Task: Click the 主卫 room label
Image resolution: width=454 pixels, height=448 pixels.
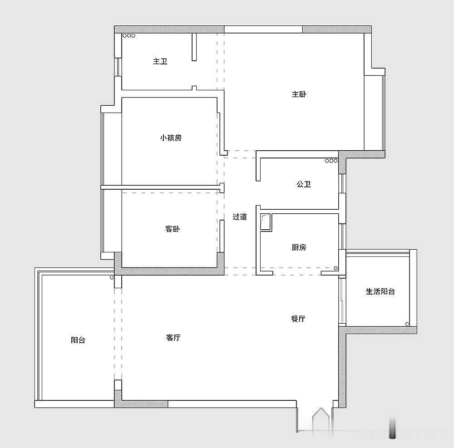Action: click(160, 61)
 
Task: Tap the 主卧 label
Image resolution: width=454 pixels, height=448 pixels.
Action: click(299, 94)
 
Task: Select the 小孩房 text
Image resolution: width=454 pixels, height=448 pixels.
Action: click(171, 138)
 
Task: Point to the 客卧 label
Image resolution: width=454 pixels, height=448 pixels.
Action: click(173, 229)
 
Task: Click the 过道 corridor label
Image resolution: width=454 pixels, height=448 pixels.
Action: click(240, 217)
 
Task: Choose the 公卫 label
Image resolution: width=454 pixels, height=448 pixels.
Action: click(304, 184)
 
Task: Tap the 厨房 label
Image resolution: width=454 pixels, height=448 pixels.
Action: click(299, 247)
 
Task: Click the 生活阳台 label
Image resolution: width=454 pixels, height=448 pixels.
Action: click(380, 291)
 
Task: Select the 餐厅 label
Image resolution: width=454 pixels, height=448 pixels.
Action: click(298, 319)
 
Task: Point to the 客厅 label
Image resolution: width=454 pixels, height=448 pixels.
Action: click(173, 337)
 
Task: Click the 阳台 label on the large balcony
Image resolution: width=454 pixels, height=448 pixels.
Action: click(78, 340)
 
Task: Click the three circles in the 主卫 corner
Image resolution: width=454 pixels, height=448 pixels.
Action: click(129, 35)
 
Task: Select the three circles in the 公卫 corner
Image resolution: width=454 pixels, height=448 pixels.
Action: click(331, 161)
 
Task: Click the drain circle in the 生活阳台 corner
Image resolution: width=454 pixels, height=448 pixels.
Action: click(407, 324)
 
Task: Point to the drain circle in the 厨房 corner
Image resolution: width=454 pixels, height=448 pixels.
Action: click(336, 268)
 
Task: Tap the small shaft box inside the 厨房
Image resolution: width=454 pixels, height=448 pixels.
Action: click(266, 222)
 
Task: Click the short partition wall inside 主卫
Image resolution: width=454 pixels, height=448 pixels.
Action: click(194, 47)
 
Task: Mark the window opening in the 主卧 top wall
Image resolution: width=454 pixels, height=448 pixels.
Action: click(263, 29)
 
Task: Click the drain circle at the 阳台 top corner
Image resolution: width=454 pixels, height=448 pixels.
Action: click(112, 277)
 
